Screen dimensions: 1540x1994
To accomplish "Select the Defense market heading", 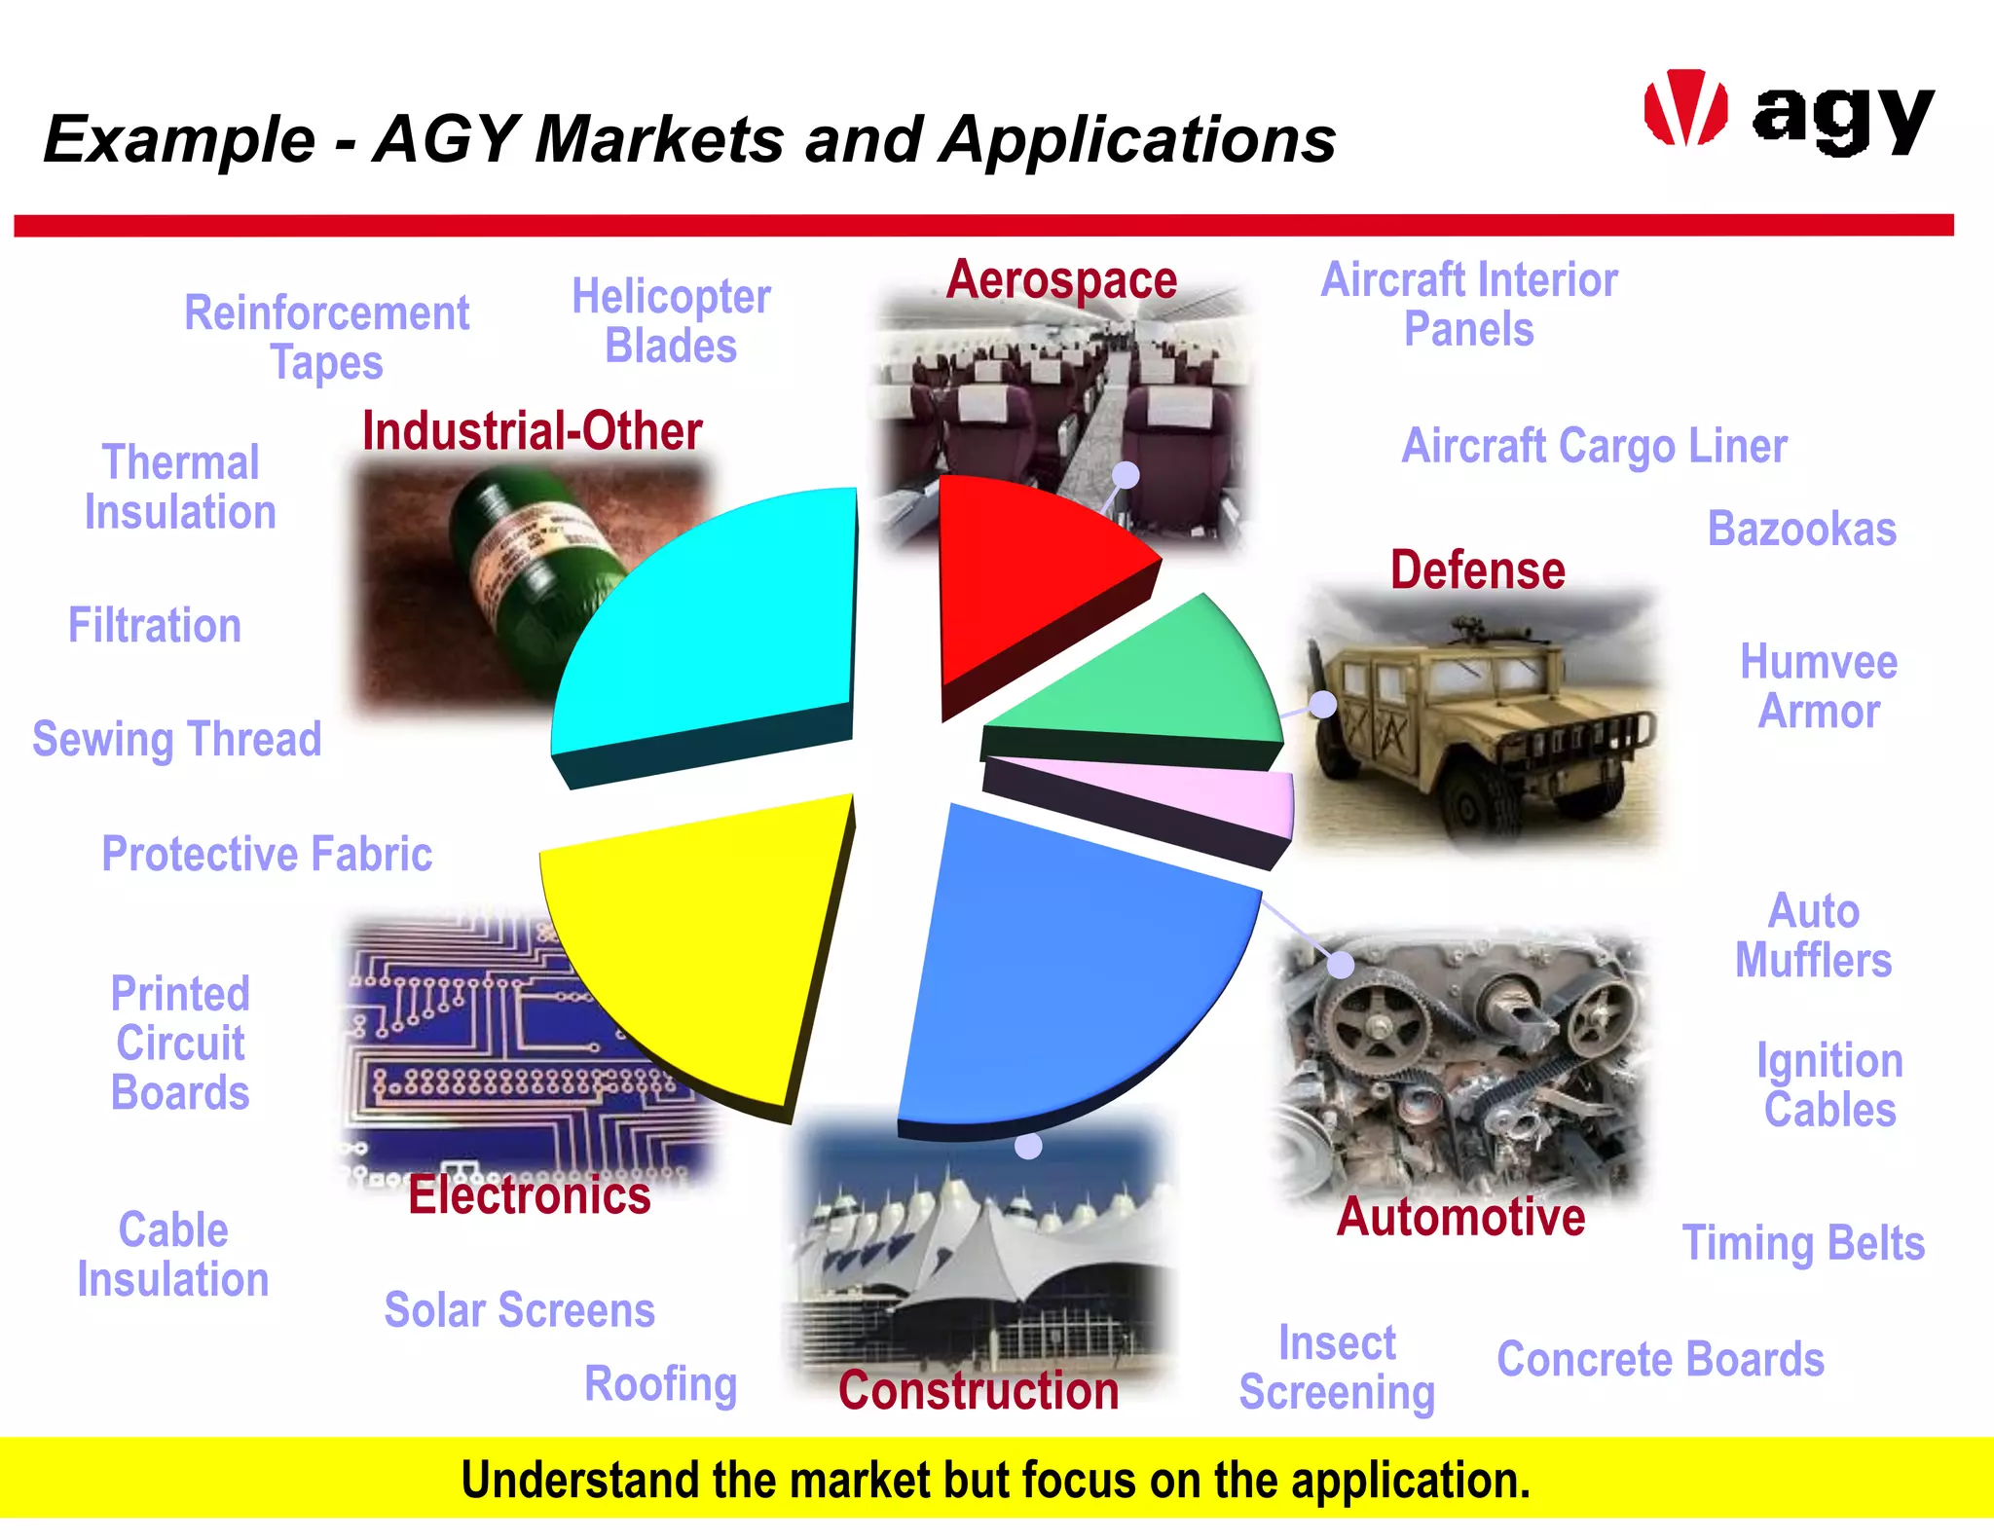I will coord(1477,570).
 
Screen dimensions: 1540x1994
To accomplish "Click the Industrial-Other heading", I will coord(532,431).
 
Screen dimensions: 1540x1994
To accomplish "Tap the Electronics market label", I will coord(529,1195).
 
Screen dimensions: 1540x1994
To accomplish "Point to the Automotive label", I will coord(1460,1217).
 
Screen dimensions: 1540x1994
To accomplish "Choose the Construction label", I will coord(979,1390).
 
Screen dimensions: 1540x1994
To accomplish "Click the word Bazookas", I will coord(1801,530).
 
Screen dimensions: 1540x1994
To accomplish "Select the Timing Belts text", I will coord(1803,1243).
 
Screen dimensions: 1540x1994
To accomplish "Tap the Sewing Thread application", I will coord(176,739).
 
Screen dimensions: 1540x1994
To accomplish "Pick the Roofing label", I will coord(660,1384).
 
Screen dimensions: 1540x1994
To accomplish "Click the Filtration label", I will coord(154,625).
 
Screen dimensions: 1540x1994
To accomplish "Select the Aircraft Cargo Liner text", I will coord(1594,446).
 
